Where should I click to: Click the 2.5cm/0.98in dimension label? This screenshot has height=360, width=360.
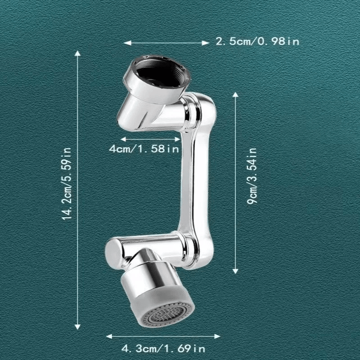257,42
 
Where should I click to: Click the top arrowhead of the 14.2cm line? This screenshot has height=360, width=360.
78,54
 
